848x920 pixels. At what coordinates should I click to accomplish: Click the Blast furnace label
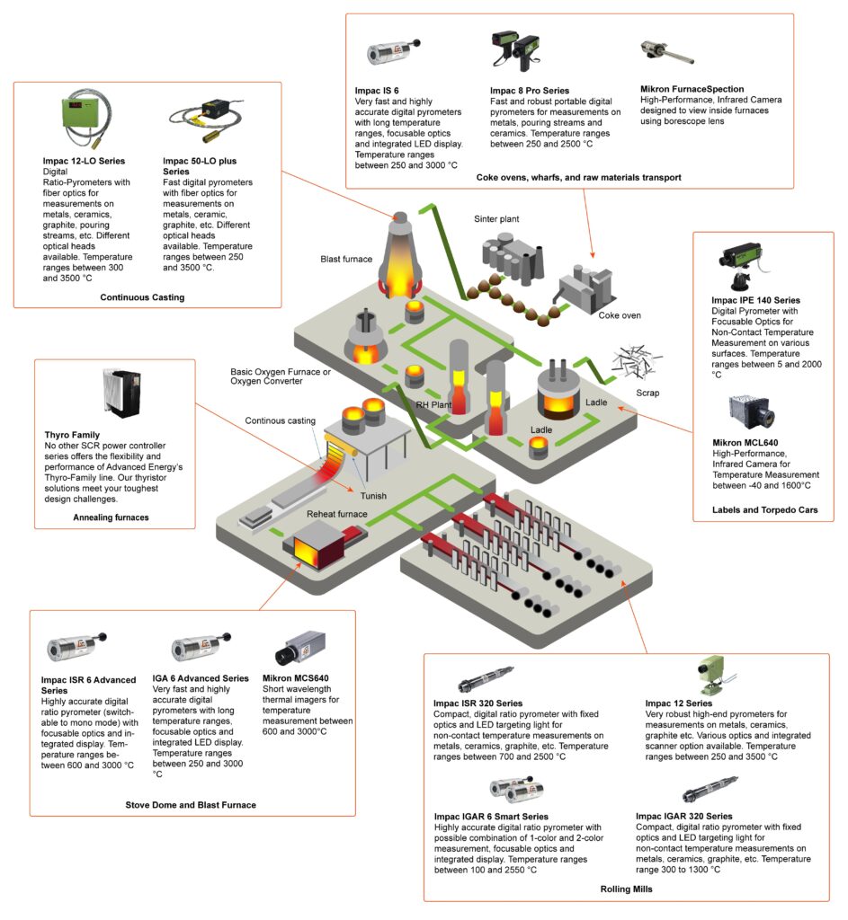coord(346,259)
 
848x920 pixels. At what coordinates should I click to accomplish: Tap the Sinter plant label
coord(496,219)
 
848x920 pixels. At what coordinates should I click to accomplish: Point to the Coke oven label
coord(620,315)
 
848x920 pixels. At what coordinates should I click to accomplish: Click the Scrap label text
coord(647,393)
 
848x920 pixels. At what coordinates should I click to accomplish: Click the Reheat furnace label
coord(336,514)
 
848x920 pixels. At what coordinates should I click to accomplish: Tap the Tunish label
coord(373,496)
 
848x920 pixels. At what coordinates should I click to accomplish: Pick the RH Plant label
coord(433,405)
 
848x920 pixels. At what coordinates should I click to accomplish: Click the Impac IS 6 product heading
coord(377,91)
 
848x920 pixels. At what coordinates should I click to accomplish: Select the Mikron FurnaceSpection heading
coord(692,89)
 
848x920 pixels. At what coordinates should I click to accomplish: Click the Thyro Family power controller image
coord(121,393)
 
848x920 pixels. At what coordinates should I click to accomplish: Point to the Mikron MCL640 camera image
coord(751,411)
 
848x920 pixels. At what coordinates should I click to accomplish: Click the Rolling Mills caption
coord(626,889)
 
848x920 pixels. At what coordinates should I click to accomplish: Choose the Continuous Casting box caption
coord(142,297)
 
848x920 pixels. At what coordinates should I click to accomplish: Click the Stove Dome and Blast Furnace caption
coord(191,805)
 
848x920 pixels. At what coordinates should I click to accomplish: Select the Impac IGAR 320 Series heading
coord(683,816)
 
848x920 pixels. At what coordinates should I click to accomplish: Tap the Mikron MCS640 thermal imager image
coord(300,649)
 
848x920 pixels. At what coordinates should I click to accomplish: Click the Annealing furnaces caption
coord(111,517)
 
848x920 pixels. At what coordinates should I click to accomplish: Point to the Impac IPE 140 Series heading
coord(755,300)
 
